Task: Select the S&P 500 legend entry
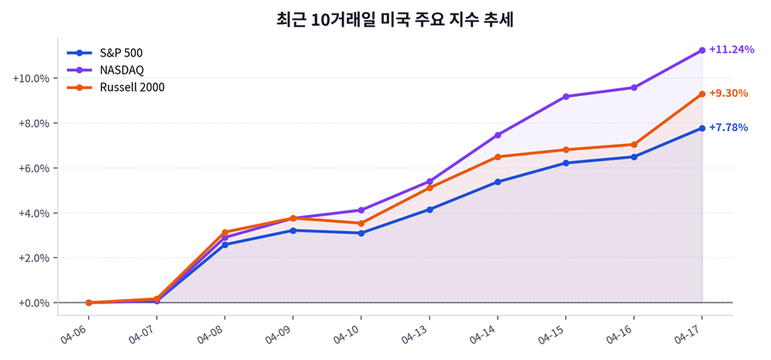coord(121,52)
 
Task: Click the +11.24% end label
coord(732,50)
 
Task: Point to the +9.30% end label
coord(729,93)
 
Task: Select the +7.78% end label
coord(729,128)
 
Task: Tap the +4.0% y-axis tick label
coord(33,213)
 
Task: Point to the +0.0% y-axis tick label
coord(33,303)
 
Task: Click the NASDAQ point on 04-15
coord(565,96)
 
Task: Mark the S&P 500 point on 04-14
coord(498,182)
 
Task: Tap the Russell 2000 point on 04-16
coord(634,145)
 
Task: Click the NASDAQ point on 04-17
coord(702,51)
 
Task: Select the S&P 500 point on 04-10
coord(361,233)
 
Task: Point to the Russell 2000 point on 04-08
coord(224,232)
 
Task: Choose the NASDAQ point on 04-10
coord(361,210)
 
